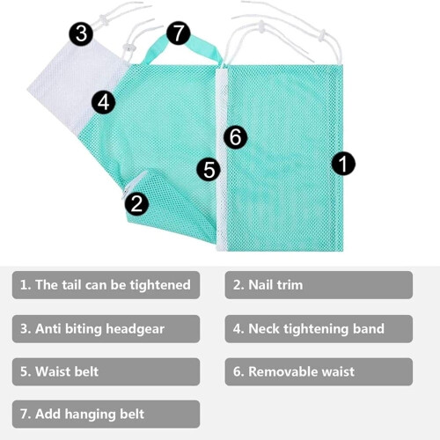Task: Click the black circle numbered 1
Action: coord(343,164)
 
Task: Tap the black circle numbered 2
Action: coord(136,203)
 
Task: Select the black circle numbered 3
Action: coord(81,33)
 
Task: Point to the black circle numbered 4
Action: coord(103,102)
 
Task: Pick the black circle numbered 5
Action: coord(209,169)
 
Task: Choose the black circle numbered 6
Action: coord(235,136)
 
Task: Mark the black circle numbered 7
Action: coord(179,33)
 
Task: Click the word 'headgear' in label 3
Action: coord(135,329)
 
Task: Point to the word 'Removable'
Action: coord(283,371)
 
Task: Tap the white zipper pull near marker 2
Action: coord(134,184)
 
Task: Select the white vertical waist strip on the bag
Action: coord(222,160)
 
